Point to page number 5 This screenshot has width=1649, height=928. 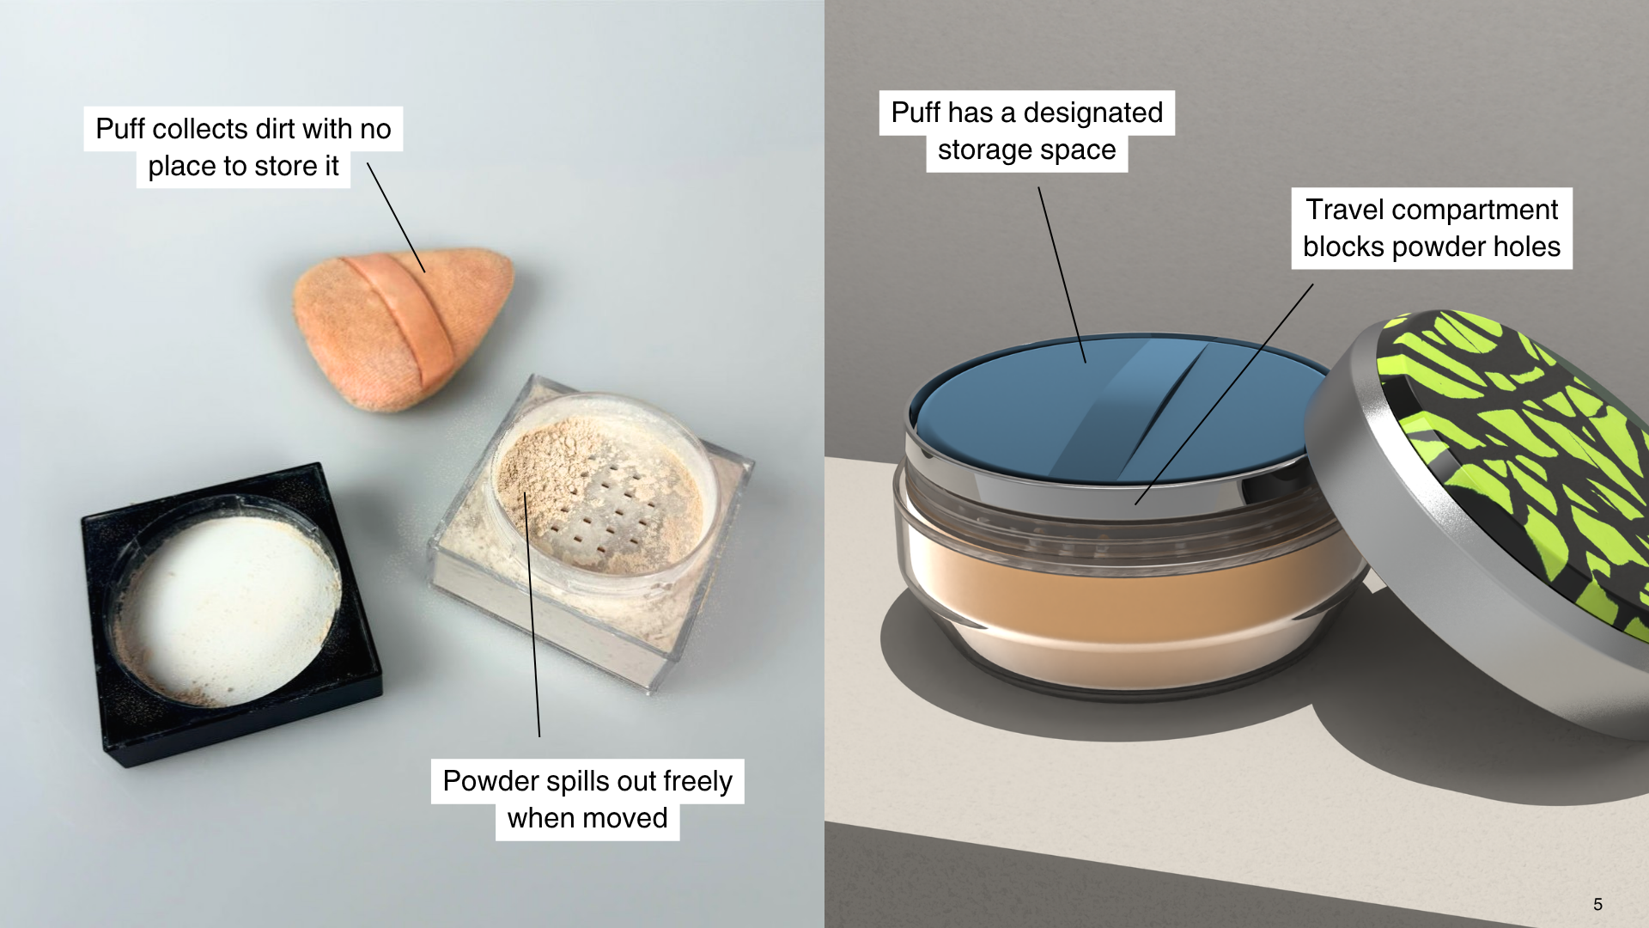click(1597, 904)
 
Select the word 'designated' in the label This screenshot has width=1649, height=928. click(1093, 113)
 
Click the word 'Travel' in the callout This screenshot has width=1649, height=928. click(1345, 210)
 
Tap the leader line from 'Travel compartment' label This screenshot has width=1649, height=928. click(1224, 394)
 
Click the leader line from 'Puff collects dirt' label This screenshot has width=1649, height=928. click(396, 217)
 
